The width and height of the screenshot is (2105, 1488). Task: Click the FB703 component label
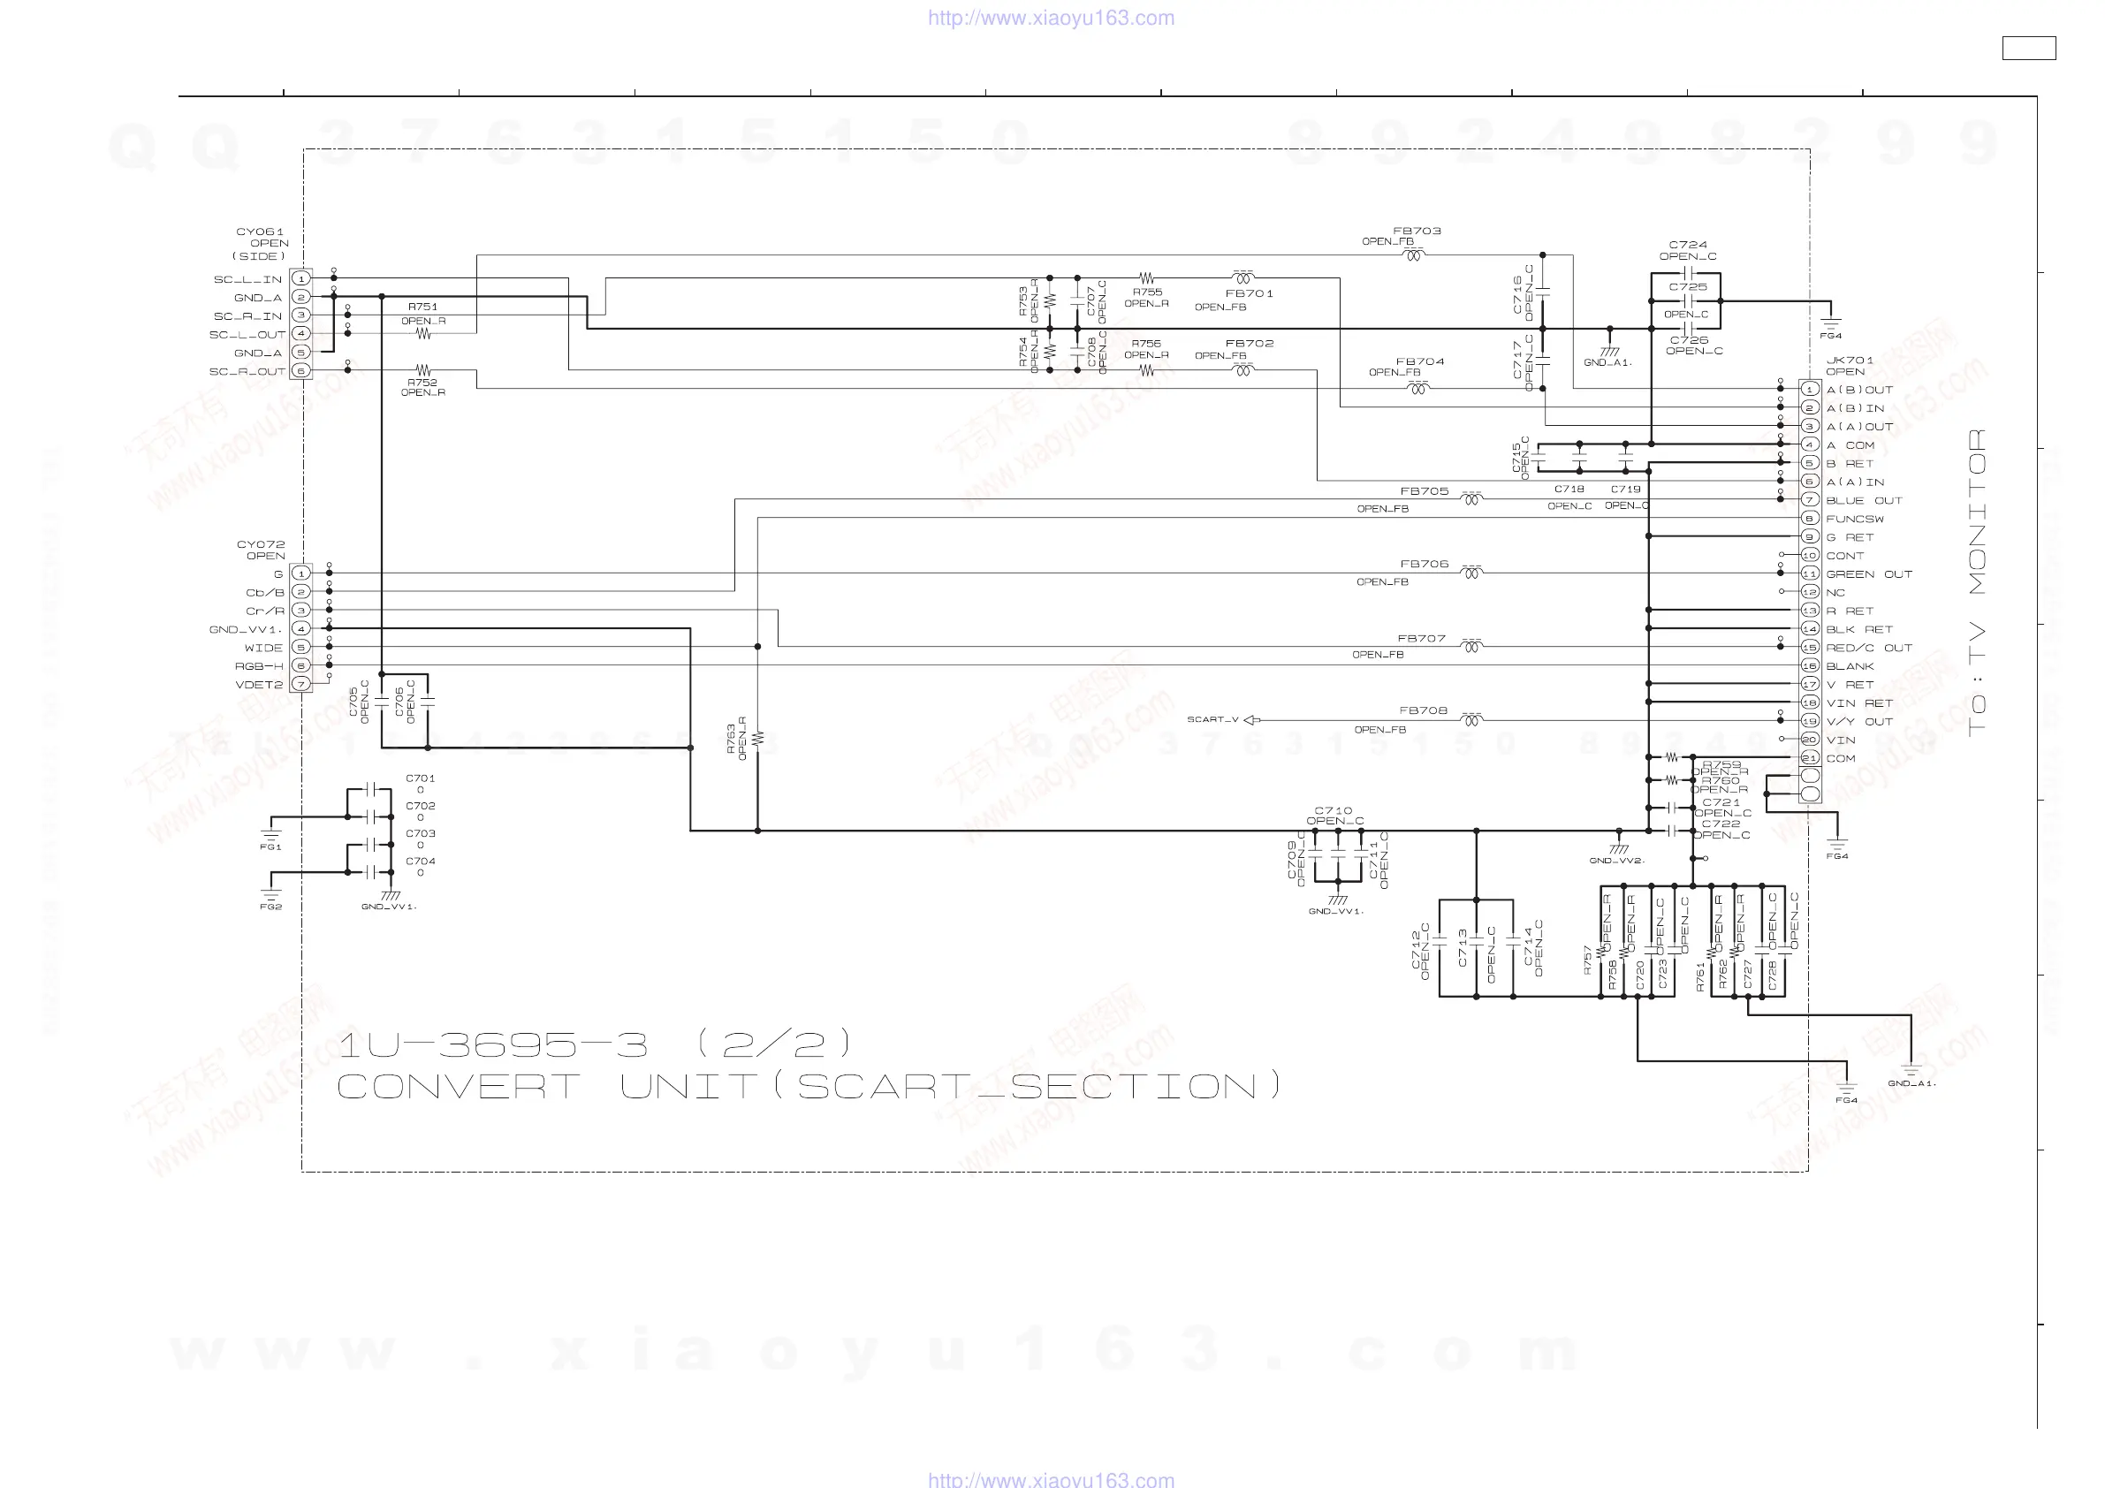coord(1417,231)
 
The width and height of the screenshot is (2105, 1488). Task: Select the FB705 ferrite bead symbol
coord(1470,498)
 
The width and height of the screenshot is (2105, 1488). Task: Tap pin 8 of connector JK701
coord(1809,518)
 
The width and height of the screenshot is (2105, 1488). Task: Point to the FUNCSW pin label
coord(1855,519)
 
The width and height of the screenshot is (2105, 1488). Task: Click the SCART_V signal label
coord(1212,720)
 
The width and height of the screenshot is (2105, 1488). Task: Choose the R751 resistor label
coord(422,307)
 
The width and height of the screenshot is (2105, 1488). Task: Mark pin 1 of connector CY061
coord(300,278)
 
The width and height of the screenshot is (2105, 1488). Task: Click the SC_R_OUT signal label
coord(247,371)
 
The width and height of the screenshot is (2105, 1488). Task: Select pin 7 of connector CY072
coord(300,684)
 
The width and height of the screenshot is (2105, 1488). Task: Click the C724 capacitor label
coord(1688,245)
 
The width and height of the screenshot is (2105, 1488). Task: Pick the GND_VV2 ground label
coord(1616,861)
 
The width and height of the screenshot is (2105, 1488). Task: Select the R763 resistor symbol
coord(757,738)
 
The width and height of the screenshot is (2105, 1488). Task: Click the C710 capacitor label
coord(1333,810)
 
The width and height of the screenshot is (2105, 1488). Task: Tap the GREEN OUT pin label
coord(1868,575)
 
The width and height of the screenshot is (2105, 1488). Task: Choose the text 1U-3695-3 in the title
coord(493,1044)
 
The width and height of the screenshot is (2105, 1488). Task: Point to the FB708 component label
coord(1423,710)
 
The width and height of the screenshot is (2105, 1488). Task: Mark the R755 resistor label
coord(1147,292)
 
